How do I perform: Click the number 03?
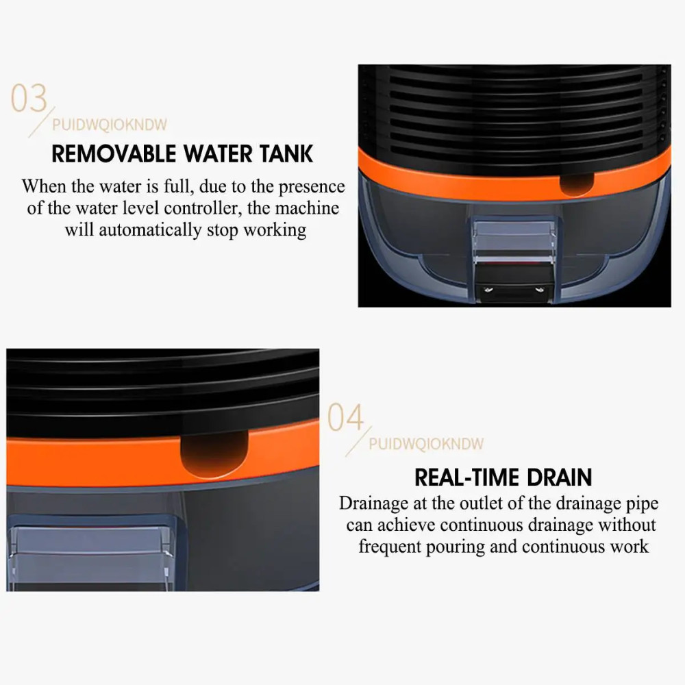[x=29, y=99]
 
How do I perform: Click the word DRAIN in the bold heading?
[x=560, y=477]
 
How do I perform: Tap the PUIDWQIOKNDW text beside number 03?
[x=110, y=125]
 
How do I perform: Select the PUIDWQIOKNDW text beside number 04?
[x=426, y=444]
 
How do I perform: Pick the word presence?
[x=312, y=186]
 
